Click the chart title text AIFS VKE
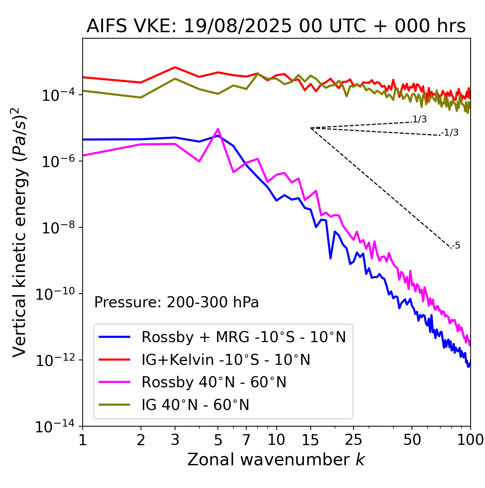click(x=276, y=26)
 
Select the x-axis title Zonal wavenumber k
click(x=276, y=459)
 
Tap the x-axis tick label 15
click(x=310, y=440)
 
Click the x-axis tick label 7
click(x=246, y=440)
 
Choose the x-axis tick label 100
click(x=470, y=440)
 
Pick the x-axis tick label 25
click(x=354, y=440)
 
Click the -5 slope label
click(x=456, y=246)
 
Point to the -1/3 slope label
click(x=450, y=133)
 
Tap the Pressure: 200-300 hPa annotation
click(x=176, y=302)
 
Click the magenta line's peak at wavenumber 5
click(x=218, y=129)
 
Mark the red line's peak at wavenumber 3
click(x=175, y=67)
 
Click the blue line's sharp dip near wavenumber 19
click(x=330, y=258)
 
